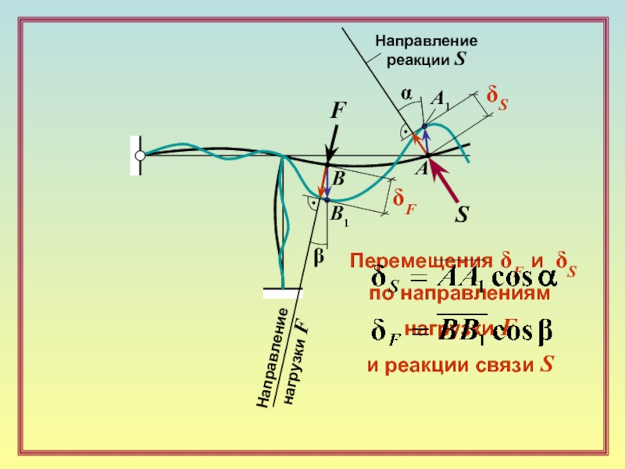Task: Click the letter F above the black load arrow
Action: click(337, 111)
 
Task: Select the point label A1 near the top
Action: click(441, 99)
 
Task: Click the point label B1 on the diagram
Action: click(339, 216)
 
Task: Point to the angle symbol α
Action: click(406, 93)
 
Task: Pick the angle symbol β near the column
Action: click(318, 256)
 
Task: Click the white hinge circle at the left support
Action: click(140, 156)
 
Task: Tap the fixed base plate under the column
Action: click(283, 293)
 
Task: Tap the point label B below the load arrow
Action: click(339, 179)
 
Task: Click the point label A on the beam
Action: click(420, 169)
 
